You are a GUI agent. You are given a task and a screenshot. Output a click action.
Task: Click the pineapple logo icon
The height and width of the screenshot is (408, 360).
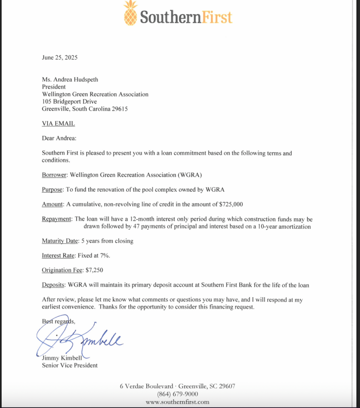(x=130, y=13)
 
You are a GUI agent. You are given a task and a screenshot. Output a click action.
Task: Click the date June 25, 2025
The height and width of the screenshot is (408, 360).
(x=60, y=57)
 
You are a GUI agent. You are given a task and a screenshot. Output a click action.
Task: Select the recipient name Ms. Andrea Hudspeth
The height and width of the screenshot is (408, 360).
(x=70, y=79)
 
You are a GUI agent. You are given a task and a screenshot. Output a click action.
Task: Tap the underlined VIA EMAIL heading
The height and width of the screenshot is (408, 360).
(x=58, y=124)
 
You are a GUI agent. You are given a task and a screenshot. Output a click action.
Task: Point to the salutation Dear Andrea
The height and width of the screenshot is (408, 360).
(x=59, y=138)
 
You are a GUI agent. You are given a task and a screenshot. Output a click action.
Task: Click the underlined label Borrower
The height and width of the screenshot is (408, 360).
(x=55, y=175)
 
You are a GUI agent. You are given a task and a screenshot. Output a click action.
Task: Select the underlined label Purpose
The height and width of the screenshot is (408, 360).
(x=52, y=190)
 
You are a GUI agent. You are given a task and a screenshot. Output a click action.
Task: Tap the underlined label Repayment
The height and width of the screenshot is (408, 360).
(x=57, y=219)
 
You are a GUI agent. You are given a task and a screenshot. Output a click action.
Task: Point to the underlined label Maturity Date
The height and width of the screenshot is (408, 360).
(x=60, y=241)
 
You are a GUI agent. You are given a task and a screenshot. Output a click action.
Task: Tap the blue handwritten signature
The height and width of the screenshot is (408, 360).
(x=80, y=339)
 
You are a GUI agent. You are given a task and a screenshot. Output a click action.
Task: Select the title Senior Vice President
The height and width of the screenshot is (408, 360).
(x=70, y=365)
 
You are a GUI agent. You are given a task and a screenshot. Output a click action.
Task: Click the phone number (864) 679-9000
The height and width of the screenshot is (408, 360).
(x=177, y=394)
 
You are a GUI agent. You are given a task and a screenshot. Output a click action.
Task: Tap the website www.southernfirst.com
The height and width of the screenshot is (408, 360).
(x=177, y=402)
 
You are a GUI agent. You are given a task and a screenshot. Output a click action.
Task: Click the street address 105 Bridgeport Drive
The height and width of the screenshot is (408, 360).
(x=69, y=102)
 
